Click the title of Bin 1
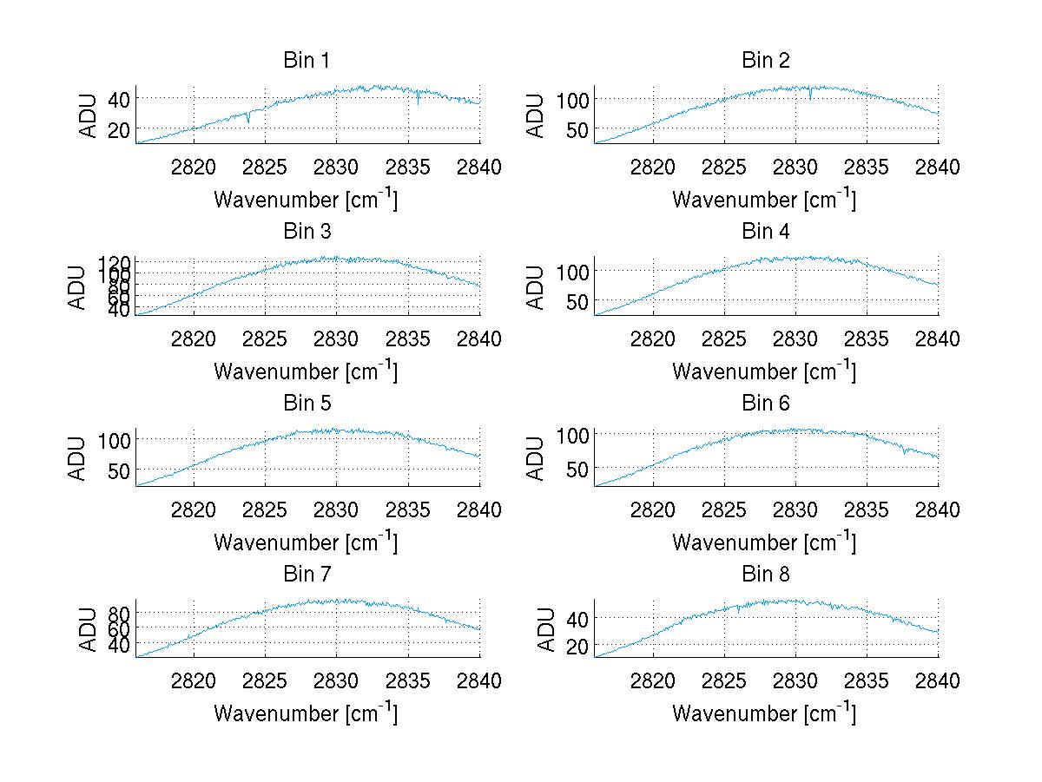307,61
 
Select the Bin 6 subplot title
765,404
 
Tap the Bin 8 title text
765,575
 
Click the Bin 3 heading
307,232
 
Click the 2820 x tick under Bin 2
652,167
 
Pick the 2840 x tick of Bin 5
479,509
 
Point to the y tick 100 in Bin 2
572,99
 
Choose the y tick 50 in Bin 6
577,470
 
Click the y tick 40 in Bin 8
577,618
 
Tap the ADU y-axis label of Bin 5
79,457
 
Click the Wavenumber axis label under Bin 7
306,713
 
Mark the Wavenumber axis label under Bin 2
764,200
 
